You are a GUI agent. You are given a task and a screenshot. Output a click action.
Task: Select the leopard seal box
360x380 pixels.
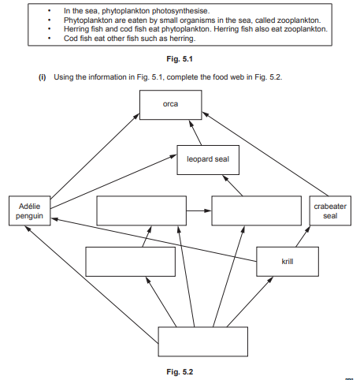click(207, 159)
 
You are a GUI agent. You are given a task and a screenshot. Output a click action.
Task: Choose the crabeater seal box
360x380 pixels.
click(329, 211)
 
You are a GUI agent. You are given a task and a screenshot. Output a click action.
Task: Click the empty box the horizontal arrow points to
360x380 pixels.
click(257, 211)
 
